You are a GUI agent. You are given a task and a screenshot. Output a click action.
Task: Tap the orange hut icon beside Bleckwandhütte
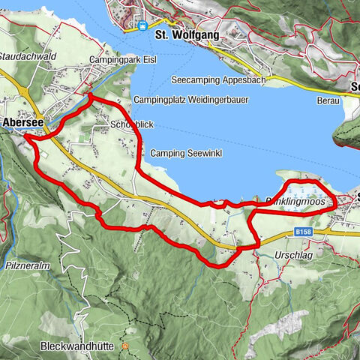click(126, 346)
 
